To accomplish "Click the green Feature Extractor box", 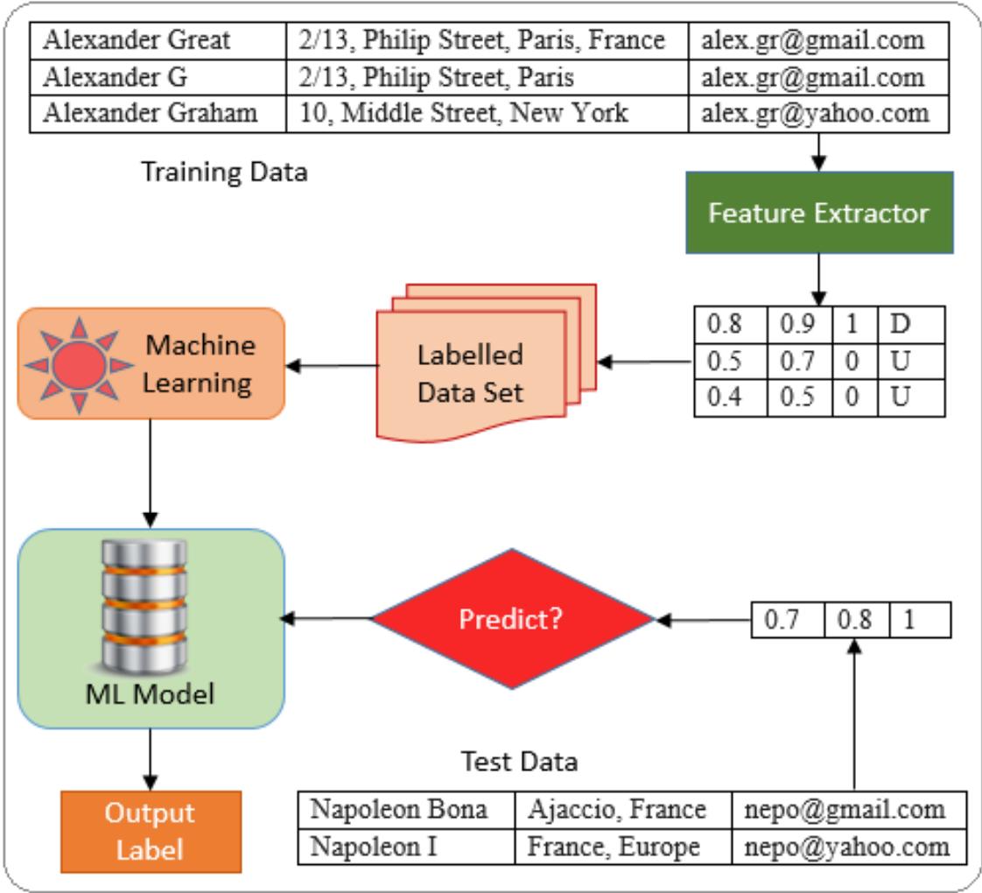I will (818, 213).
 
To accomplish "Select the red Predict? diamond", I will (512, 619).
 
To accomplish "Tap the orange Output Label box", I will (151, 831).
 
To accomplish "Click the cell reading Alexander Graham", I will (158, 114).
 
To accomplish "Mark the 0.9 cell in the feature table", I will (796, 325).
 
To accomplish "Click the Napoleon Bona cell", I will (405, 810).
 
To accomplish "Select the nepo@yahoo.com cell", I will (847, 847).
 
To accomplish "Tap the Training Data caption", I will (224, 172).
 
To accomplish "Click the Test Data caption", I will (519, 762).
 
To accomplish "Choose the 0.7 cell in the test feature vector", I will (787, 620).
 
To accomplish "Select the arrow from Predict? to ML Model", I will (329, 620).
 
